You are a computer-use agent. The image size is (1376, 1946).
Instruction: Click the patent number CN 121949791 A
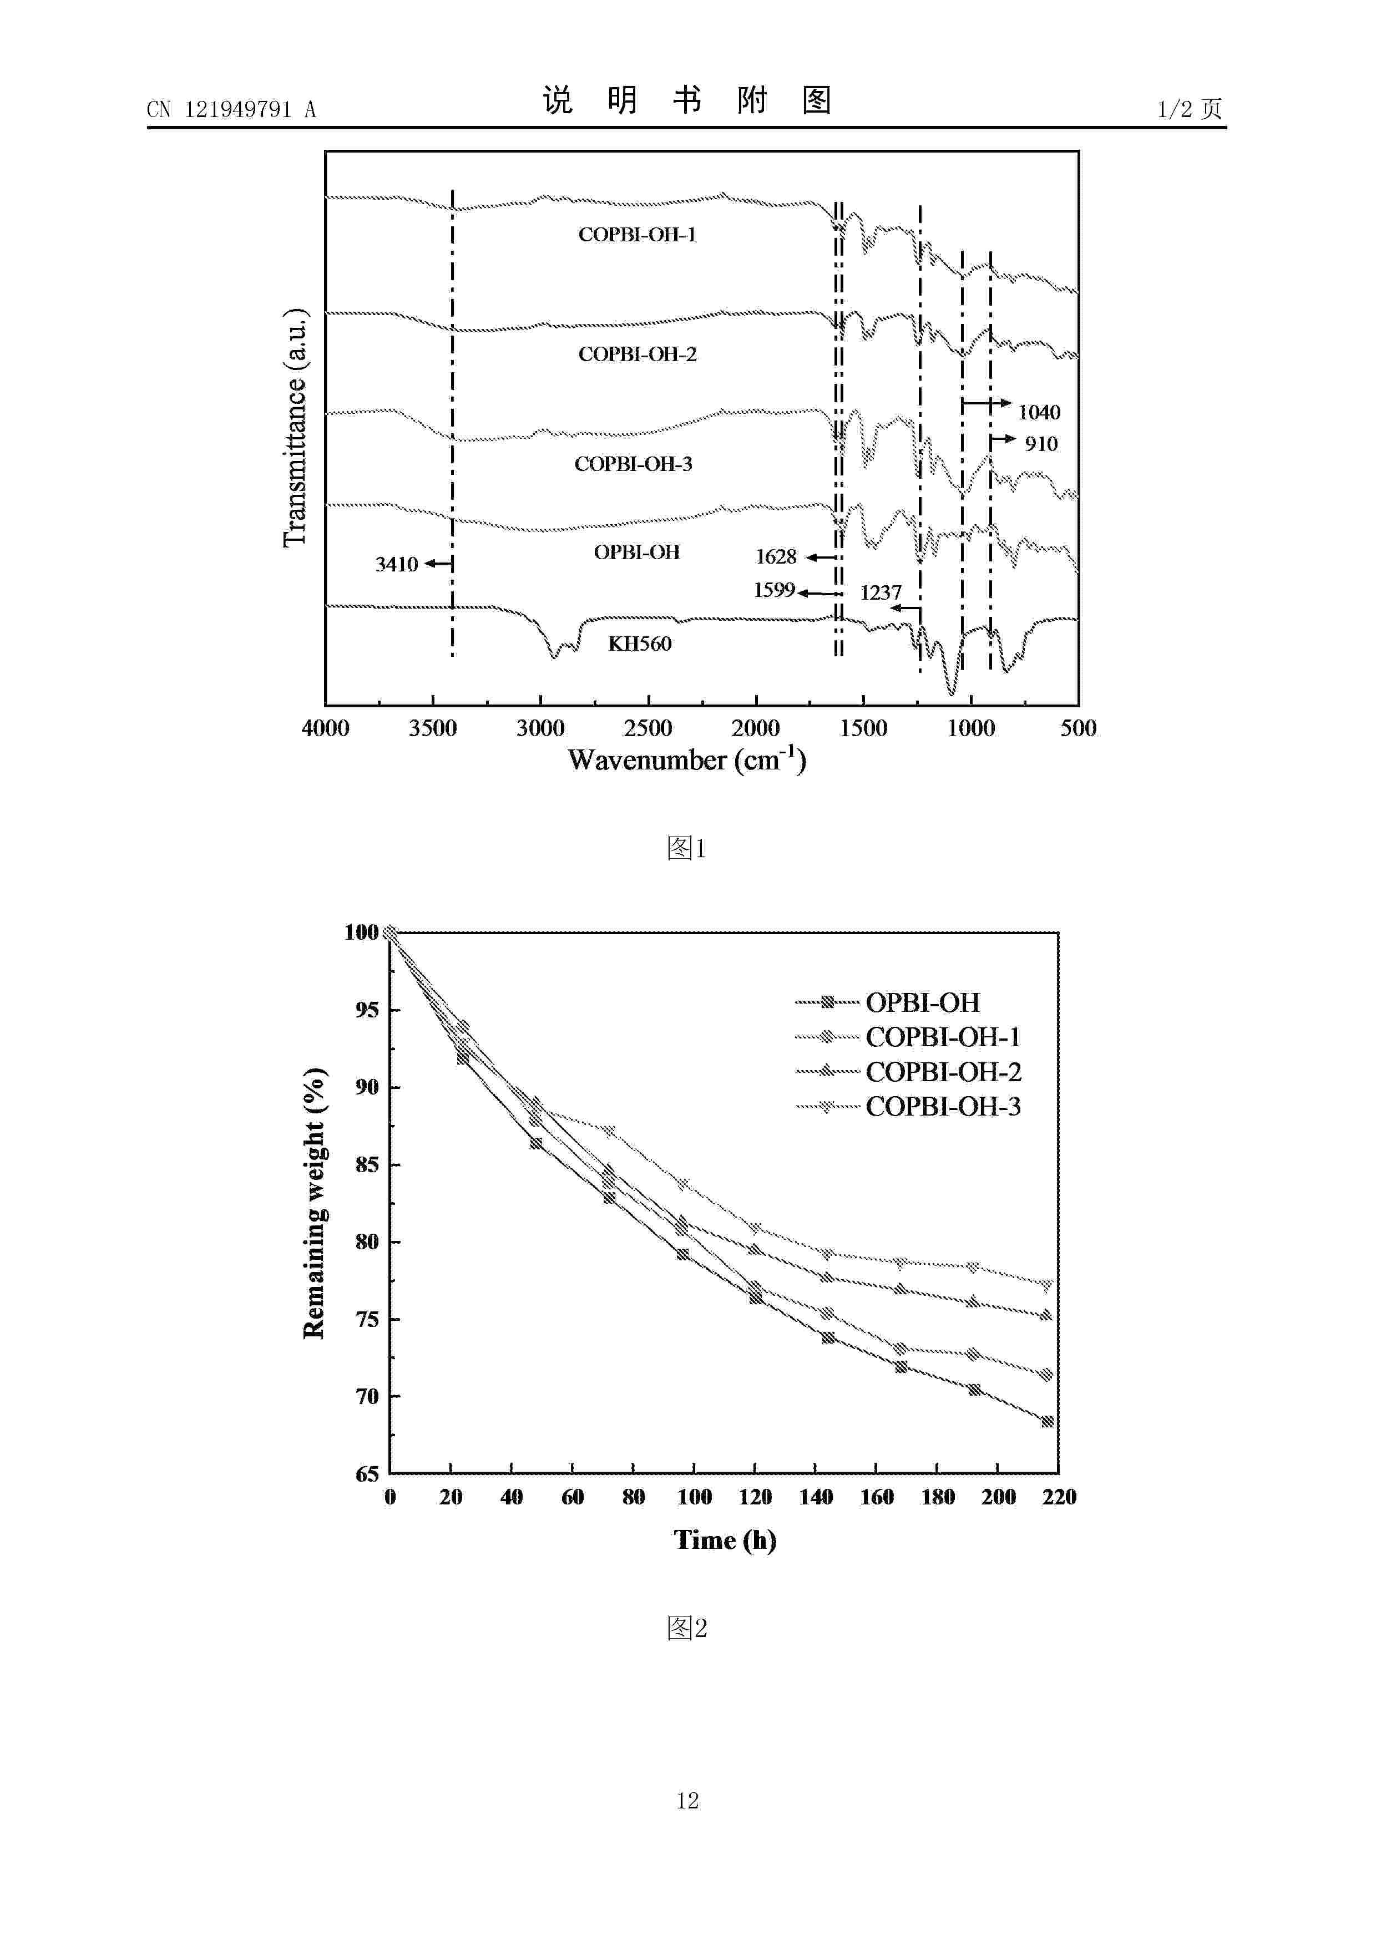pos(231,109)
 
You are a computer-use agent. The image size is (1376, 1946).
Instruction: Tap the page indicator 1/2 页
pos(1190,109)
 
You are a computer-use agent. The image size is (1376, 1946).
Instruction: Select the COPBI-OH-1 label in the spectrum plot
pos(638,235)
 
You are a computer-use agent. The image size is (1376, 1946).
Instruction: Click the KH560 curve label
pos(640,644)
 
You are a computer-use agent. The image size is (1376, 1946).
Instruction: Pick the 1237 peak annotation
pos(881,592)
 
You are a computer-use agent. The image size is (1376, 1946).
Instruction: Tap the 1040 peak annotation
pos(1039,413)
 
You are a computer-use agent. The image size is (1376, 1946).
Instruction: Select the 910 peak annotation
pos(1041,444)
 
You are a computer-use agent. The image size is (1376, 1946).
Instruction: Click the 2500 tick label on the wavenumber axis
pos(647,728)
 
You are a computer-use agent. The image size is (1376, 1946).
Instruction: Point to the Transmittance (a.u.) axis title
pos(295,428)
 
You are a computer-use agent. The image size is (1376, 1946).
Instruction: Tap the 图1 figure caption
pos(687,848)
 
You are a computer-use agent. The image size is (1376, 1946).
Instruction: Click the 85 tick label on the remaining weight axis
pos(367,1164)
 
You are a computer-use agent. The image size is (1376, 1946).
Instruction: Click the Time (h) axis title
pos(725,1540)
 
